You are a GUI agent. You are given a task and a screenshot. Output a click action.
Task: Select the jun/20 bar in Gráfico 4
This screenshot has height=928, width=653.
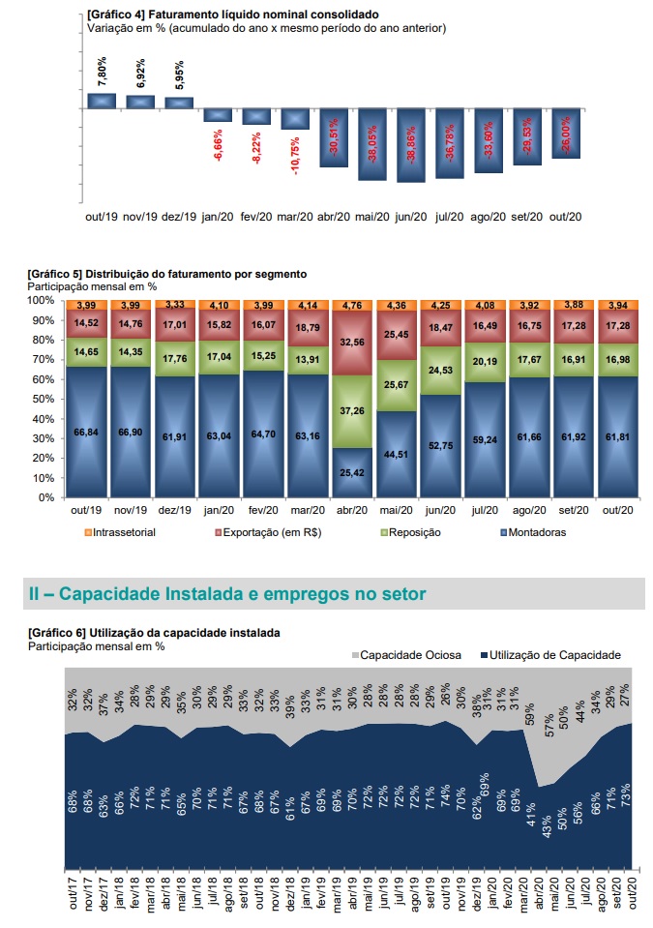pyautogui.click(x=411, y=145)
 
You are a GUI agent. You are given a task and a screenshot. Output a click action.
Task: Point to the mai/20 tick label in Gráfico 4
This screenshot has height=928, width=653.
pyautogui.click(x=372, y=217)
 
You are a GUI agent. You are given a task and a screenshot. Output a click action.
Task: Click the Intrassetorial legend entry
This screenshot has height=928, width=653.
pyautogui.click(x=120, y=532)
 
